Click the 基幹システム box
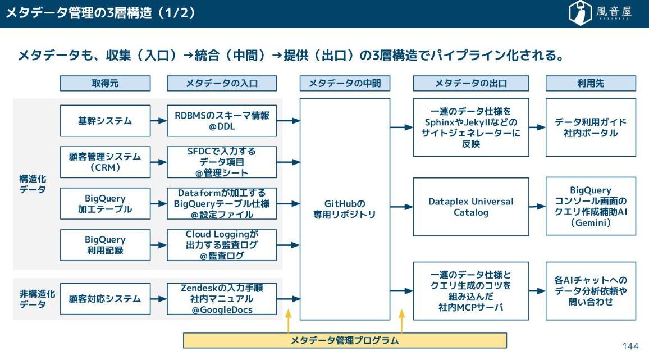tap(105, 120)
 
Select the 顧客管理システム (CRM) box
tap(105, 162)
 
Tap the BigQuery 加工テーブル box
tap(105, 203)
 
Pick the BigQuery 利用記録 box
tap(105, 245)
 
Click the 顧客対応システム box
tap(105, 299)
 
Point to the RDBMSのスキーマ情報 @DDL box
tap(222, 120)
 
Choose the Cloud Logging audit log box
tap(222, 245)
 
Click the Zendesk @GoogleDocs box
tap(222, 299)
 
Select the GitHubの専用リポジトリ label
tap(345, 208)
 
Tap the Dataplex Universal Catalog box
tap(471, 207)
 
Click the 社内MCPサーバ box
tap(471, 291)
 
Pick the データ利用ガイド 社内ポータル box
tap(591, 127)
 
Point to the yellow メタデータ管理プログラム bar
tap(345, 340)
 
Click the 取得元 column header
tap(105, 83)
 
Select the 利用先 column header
tap(591, 83)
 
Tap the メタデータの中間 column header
tap(345, 83)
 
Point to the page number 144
tap(630, 346)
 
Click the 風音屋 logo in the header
tap(600, 13)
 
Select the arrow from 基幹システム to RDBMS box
tap(159, 120)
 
